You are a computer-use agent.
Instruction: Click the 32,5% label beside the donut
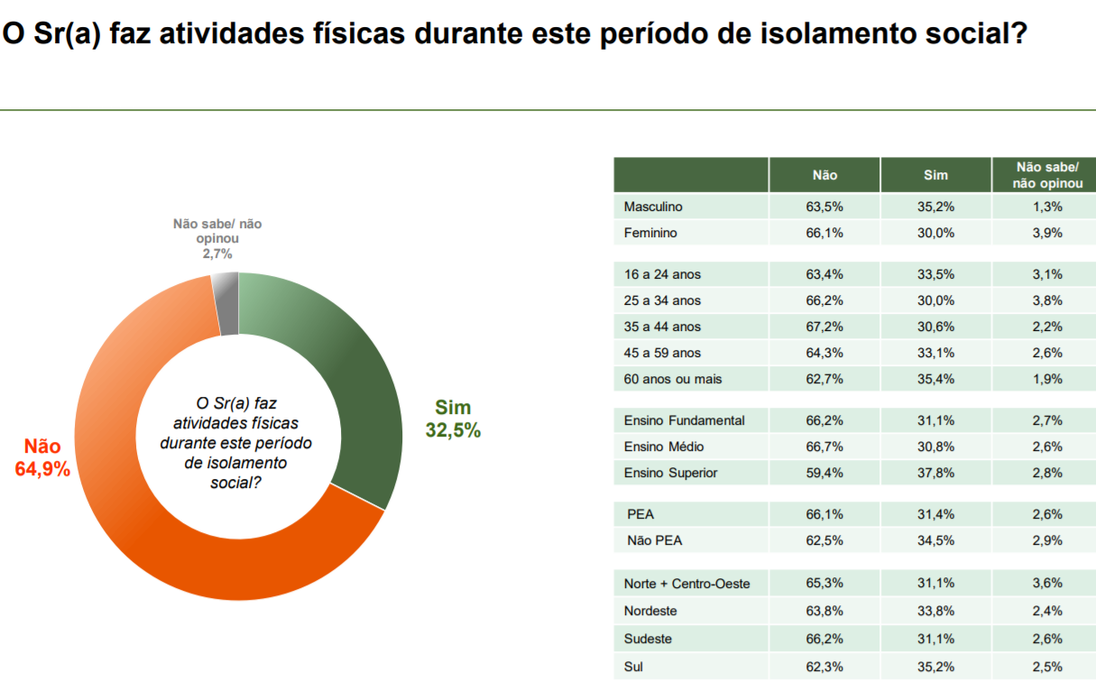(453, 431)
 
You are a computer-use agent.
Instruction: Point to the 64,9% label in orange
(42, 468)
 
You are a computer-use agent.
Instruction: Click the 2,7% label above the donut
(217, 254)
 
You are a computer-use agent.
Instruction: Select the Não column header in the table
(824, 176)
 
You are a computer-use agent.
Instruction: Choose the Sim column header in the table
(935, 176)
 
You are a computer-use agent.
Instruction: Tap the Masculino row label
(653, 207)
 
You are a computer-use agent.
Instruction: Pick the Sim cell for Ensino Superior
(935, 473)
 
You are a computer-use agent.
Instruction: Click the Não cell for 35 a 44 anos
(824, 327)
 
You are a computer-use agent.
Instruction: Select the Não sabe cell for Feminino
(1047, 233)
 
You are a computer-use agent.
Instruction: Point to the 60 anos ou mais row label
(673, 379)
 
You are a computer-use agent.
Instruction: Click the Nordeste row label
(650, 611)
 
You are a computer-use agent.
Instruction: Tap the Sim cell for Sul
(935, 668)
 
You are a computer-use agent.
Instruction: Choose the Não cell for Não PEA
(824, 540)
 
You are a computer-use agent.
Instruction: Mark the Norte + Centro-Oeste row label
(686, 584)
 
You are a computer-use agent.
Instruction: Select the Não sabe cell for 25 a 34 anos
(1047, 300)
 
